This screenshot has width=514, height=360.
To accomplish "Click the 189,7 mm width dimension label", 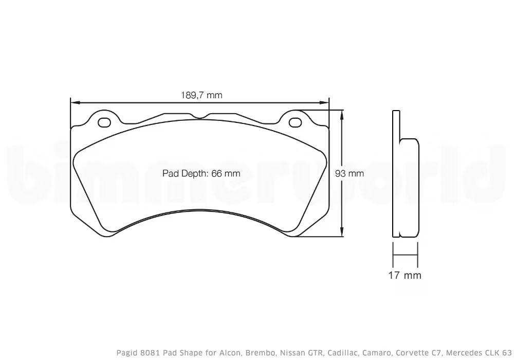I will (x=201, y=95).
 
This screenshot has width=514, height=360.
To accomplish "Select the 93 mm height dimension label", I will (x=349, y=173).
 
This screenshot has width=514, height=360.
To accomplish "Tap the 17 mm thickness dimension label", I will (x=405, y=276).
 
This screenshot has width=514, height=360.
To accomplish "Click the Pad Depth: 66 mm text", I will (x=201, y=173).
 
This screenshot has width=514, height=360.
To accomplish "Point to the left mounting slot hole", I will (x=104, y=122).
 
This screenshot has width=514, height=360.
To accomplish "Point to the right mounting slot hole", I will (x=295, y=122).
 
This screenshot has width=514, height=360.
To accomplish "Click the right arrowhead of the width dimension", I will (x=326, y=103).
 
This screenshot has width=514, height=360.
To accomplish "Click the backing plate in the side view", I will (x=396, y=174).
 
